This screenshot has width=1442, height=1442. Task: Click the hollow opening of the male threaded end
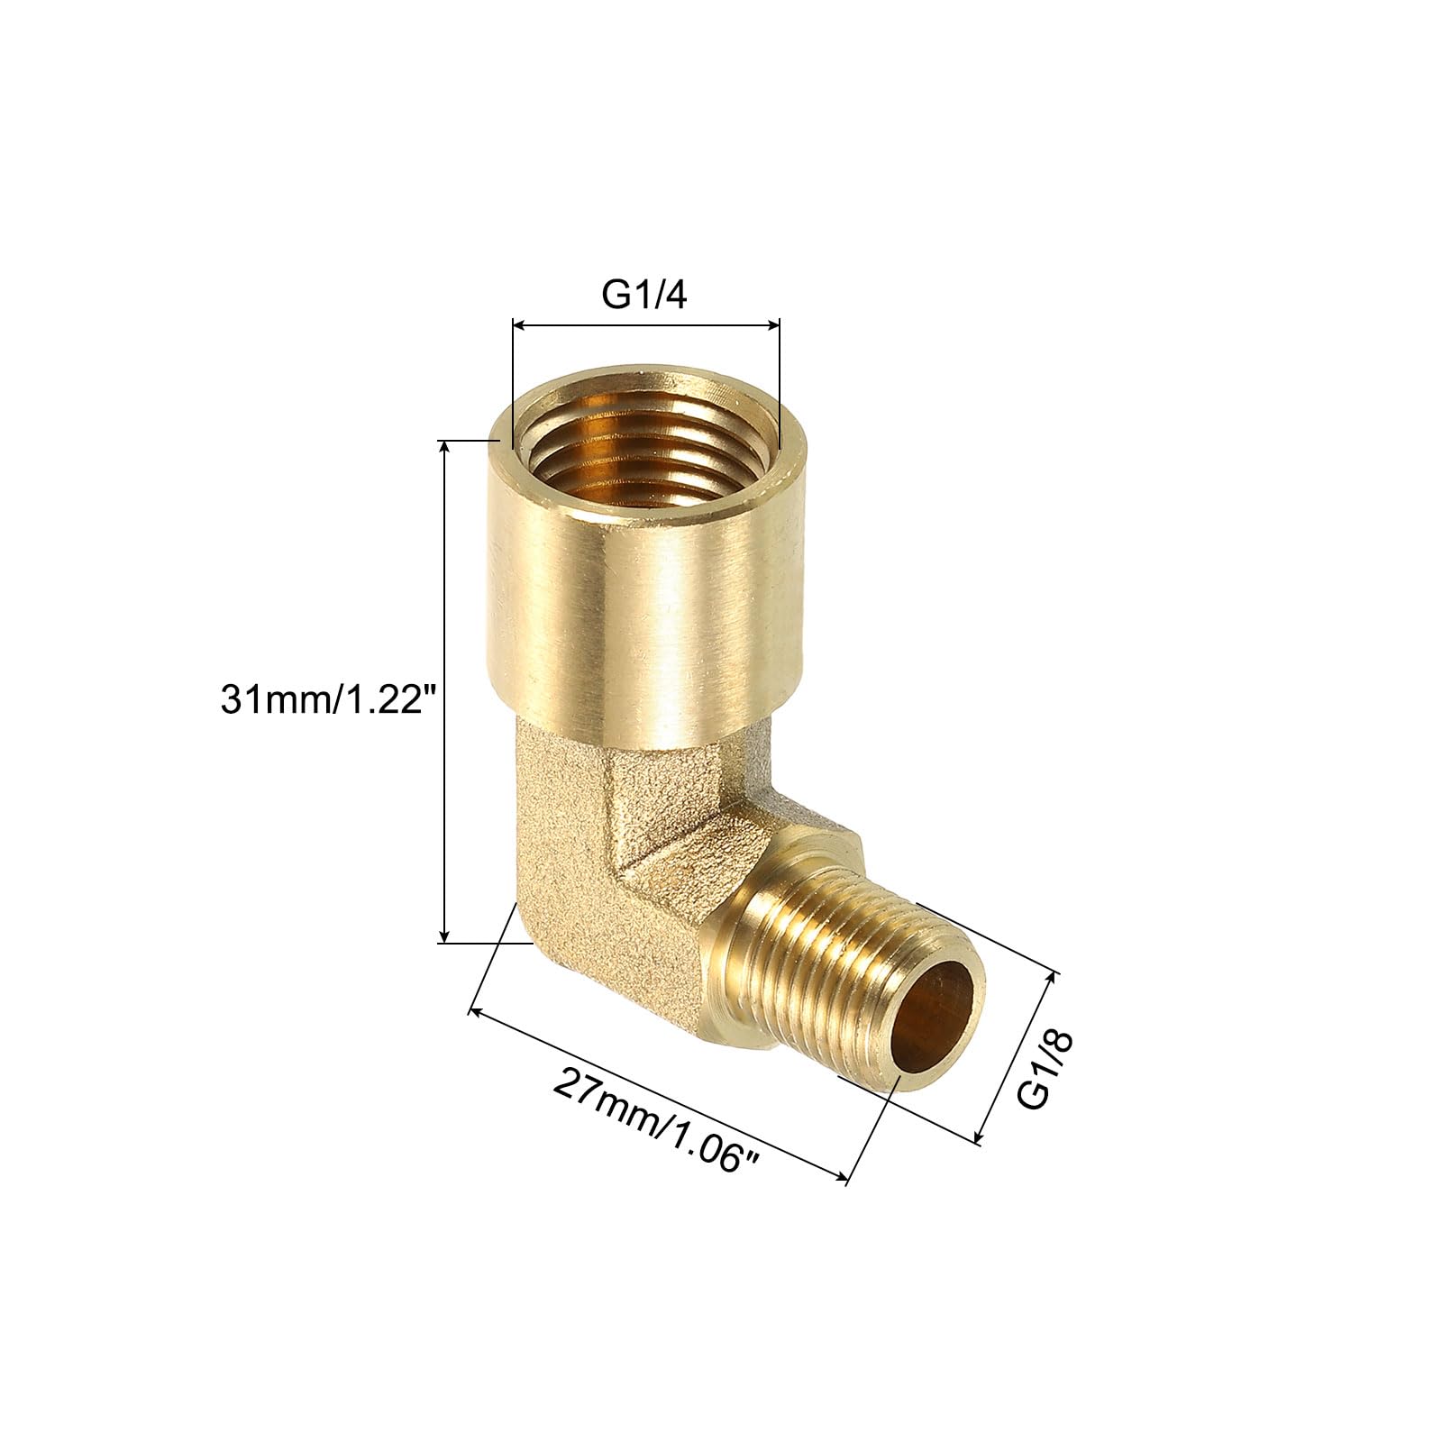[x=938, y=1025]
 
